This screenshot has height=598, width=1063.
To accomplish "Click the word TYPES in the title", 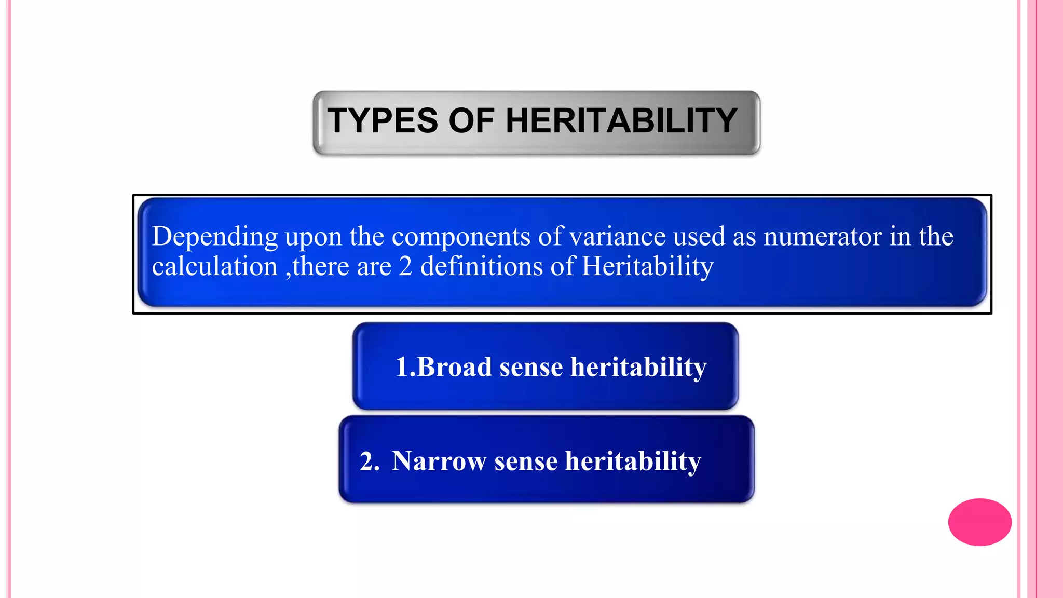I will pos(383,121).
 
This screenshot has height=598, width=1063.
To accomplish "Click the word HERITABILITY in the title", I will pos(621,121).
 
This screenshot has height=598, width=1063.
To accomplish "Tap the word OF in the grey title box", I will pos(471,121).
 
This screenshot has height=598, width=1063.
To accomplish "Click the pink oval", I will pos(979,522).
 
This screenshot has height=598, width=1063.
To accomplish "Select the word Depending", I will pos(215,237).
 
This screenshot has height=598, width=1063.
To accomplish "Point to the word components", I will pos(461,237).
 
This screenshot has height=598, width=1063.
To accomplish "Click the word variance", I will pos(617,236).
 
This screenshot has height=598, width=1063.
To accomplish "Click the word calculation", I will pos(215,267).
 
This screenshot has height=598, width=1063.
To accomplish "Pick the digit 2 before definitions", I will pos(405,267).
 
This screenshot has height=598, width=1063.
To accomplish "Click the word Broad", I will pos(454,367).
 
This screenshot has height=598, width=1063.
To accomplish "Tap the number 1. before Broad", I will pos(405,367).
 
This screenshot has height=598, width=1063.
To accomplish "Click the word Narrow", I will pos(439,461).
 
